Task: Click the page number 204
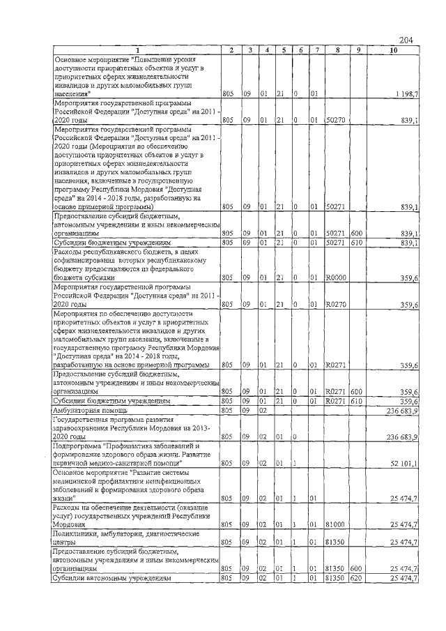pos(407,40)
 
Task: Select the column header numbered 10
pos(394,50)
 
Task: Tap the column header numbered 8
pos(337,50)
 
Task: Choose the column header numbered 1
pos(137,50)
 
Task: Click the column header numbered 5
pos(284,50)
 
